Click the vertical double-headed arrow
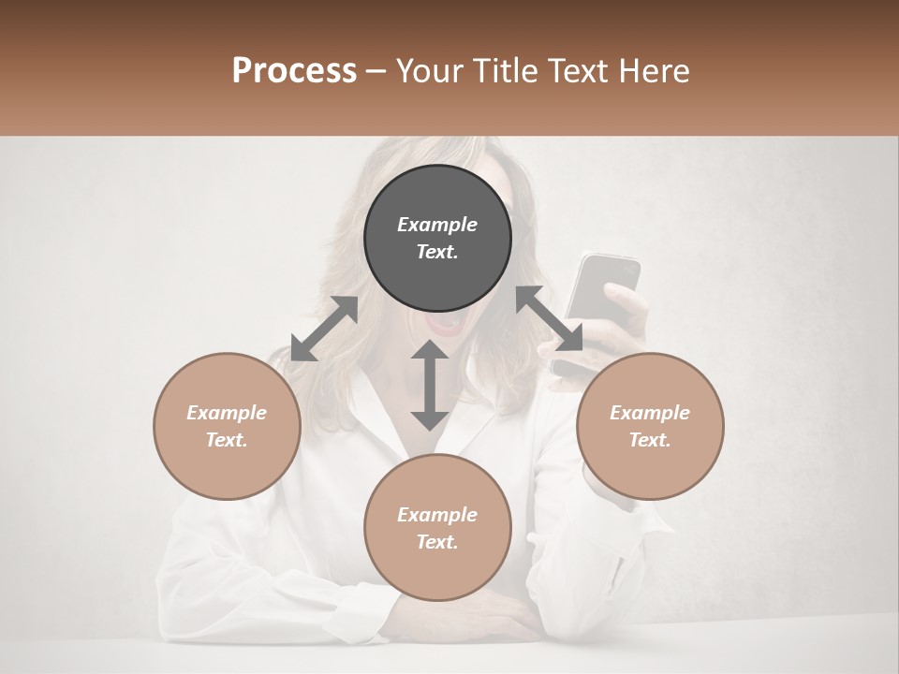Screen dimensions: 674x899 pyautogui.click(x=430, y=385)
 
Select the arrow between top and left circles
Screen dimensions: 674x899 pyautogui.click(x=324, y=329)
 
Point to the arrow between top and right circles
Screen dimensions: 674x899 pyautogui.click(x=550, y=318)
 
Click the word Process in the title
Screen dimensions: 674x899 pyautogui.click(x=294, y=71)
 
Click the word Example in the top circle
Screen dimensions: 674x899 pyautogui.click(x=437, y=225)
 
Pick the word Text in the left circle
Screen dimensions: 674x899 pyautogui.click(x=227, y=440)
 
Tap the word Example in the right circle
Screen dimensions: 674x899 pyautogui.click(x=650, y=413)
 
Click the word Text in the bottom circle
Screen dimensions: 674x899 pyautogui.click(x=437, y=542)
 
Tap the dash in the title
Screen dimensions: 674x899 pyautogui.click(x=376, y=71)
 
